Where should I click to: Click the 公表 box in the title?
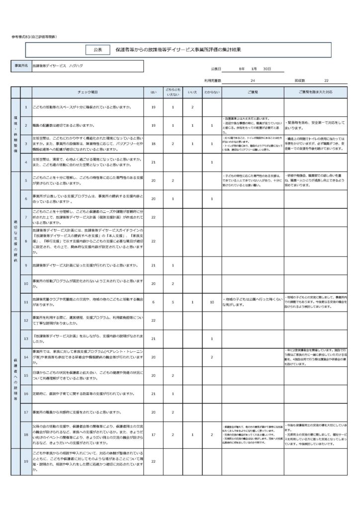point(97,50)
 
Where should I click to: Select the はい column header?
point(154,92)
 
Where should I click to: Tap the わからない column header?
point(212,92)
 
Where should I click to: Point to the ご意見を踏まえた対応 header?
point(315,92)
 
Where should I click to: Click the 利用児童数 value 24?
point(253,80)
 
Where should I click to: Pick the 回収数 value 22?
point(326,80)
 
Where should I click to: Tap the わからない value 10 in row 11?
point(212,302)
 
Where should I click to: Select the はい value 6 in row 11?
point(154,302)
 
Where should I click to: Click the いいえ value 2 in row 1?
point(192,107)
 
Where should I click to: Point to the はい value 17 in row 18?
point(154,435)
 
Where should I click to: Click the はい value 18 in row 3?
point(154,144)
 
